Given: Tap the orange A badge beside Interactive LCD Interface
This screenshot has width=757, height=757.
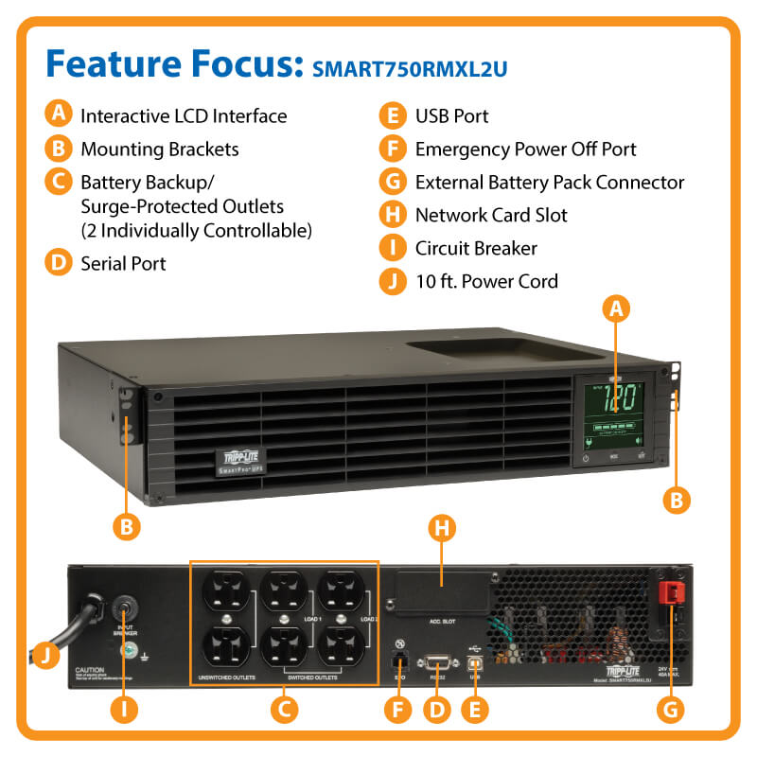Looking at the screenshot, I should pyautogui.click(x=59, y=115).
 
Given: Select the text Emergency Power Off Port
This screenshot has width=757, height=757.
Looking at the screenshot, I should pyautogui.click(x=525, y=149).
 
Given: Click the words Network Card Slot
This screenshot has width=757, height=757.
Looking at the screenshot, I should pyautogui.click(x=491, y=215).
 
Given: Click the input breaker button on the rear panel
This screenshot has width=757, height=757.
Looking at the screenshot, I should pyautogui.click(x=123, y=606).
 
